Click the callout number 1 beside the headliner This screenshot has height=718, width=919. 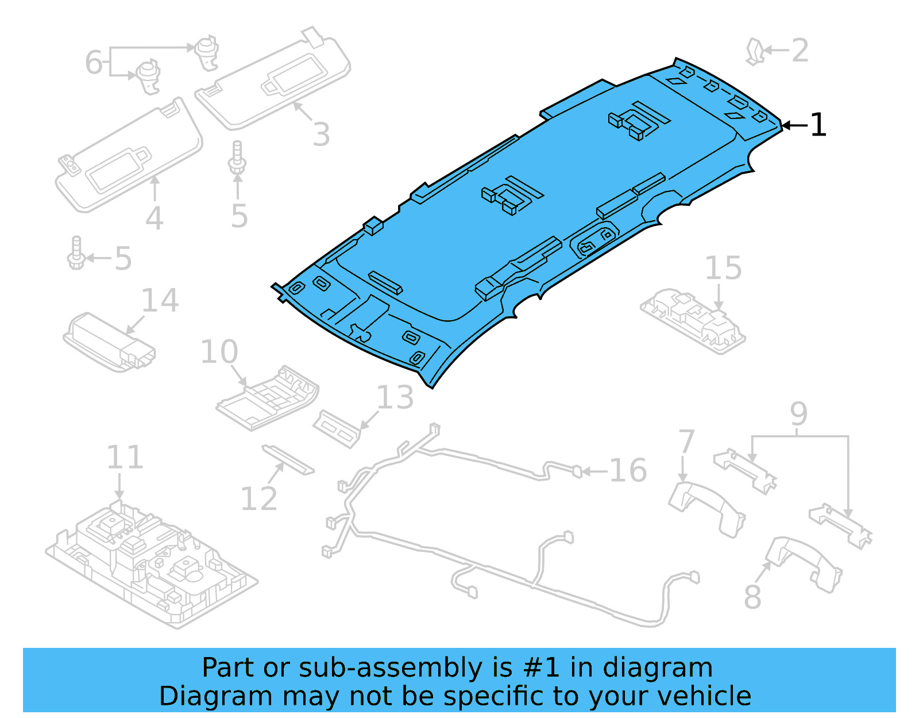[x=818, y=125]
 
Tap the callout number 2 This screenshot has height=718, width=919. [x=800, y=51]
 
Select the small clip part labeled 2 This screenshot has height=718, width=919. [x=754, y=51]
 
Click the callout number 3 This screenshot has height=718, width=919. [x=321, y=135]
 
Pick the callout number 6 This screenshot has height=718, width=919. [x=93, y=62]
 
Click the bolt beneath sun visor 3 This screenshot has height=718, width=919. [x=237, y=158]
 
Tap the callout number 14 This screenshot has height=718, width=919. [x=160, y=301]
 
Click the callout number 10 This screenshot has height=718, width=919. [x=219, y=352]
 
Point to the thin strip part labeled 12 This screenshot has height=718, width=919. [x=288, y=459]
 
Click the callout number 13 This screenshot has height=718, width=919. [x=395, y=398]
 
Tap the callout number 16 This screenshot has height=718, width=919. [x=628, y=471]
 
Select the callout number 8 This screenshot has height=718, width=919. [x=752, y=597]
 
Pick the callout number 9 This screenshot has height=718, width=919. [x=798, y=414]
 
